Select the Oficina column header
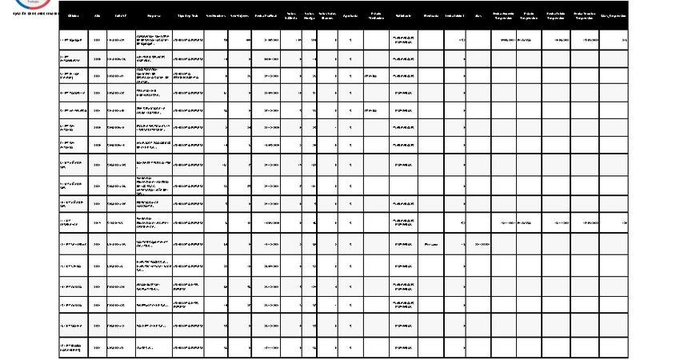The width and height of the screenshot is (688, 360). point(74,15)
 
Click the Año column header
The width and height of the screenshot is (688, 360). point(98,15)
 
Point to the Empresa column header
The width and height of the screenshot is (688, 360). point(153,15)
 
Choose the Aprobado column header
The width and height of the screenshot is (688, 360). point(350,15)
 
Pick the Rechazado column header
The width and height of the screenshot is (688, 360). point(430,15)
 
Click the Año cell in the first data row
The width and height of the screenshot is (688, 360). point(98,38)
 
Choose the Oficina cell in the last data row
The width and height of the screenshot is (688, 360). point(74,348)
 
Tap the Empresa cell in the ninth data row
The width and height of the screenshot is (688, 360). point(153,186)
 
